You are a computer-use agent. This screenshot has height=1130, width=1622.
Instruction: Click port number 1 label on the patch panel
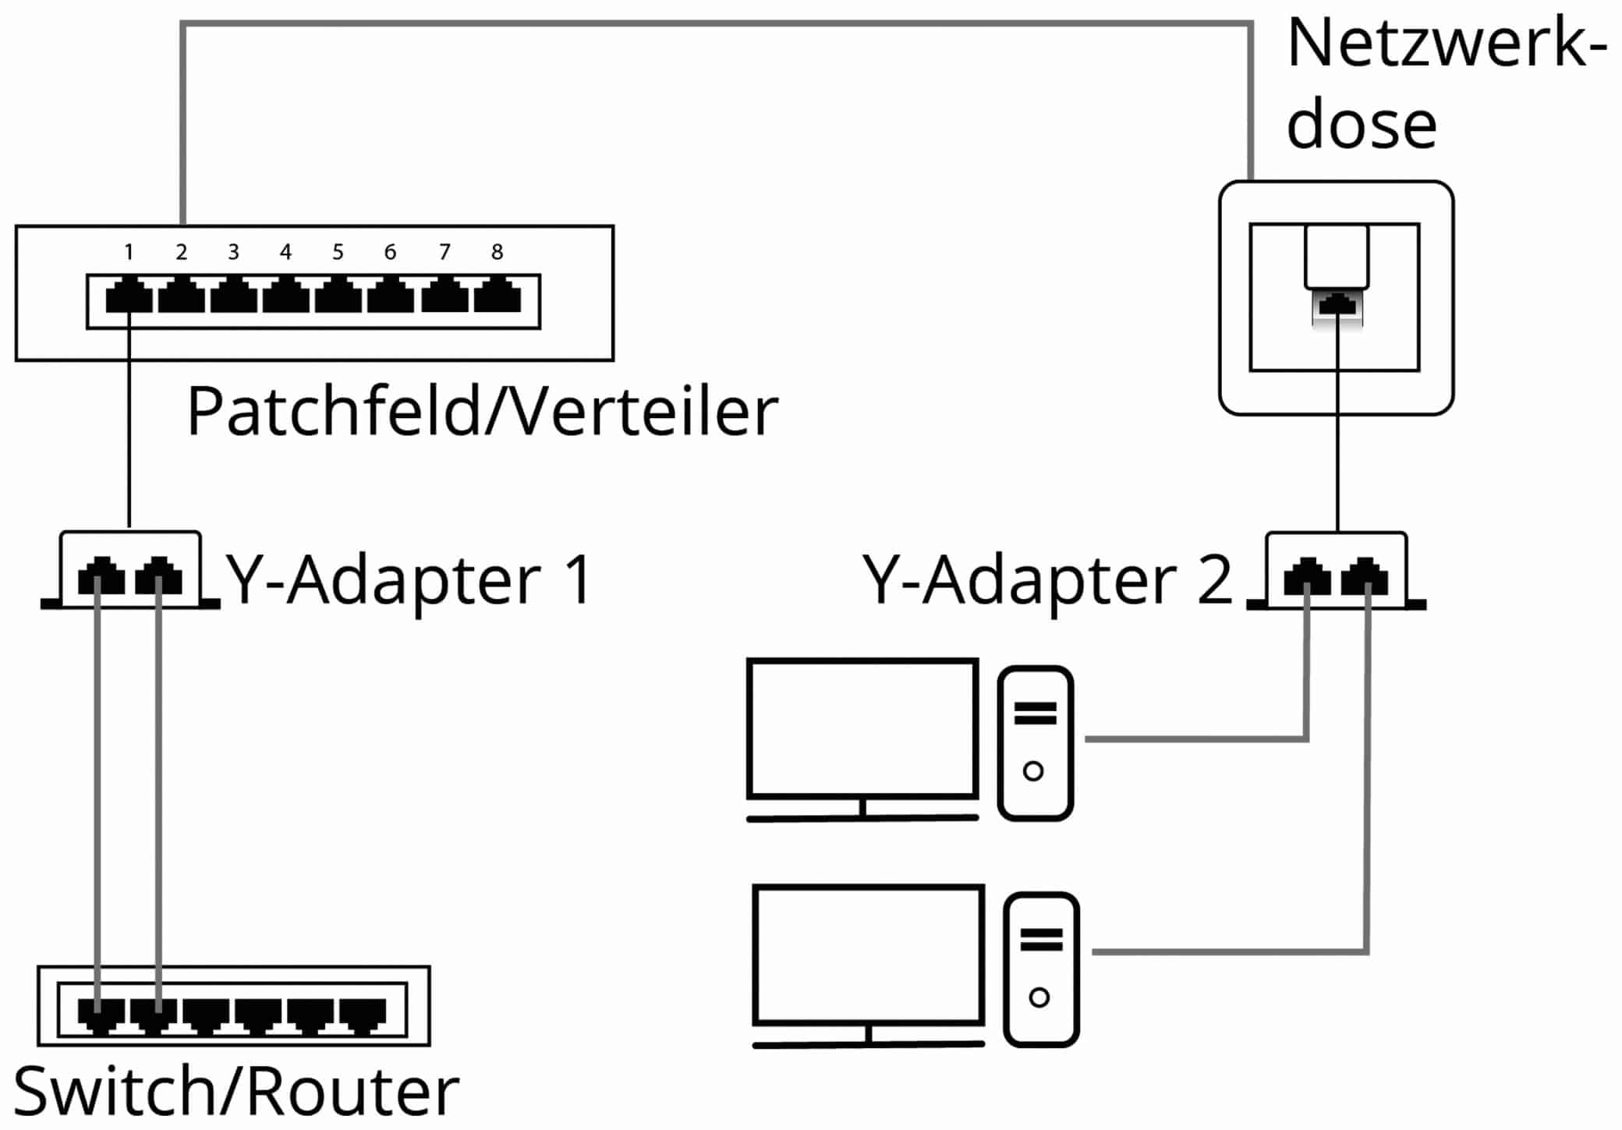coord(129,252)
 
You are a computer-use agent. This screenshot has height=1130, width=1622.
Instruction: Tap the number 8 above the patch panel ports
coord(497,252)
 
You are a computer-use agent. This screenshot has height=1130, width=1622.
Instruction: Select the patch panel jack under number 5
coord(338,296)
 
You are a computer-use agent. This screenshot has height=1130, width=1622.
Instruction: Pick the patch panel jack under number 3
coord(233,296)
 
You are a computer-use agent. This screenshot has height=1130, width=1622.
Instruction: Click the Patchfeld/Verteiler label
coord(482,411)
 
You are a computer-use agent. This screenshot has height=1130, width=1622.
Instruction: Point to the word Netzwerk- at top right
coord(1447,44)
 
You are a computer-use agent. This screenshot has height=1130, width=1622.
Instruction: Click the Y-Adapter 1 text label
coord(409,580)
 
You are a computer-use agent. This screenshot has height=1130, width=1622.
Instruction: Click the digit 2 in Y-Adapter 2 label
coord(1213,580)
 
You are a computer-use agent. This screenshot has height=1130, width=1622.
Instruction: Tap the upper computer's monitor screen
coord(862,728)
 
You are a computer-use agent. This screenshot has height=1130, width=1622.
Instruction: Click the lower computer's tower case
coord(1041,969)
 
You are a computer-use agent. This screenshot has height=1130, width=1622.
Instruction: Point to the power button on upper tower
coord(1033,771)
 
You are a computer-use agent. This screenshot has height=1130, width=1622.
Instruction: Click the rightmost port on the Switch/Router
coord(363,1014)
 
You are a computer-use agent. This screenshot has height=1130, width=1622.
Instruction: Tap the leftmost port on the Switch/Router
coord(101,1014)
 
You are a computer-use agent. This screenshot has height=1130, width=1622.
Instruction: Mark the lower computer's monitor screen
coord(868,955)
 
